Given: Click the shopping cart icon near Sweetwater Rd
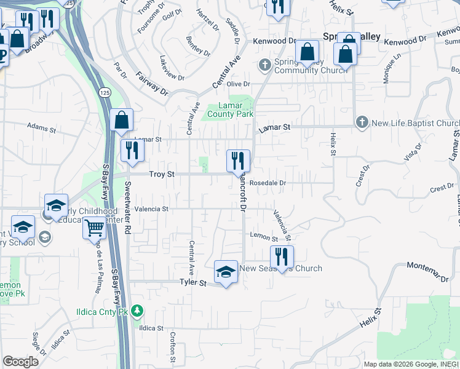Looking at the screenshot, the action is [x=94, y=228].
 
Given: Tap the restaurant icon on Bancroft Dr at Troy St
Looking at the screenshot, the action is [x=238, y=161].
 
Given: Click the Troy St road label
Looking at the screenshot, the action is [x=162, y=175].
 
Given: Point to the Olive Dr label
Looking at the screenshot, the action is [x=239, y=84].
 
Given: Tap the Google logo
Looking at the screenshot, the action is [x=20, y=362].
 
